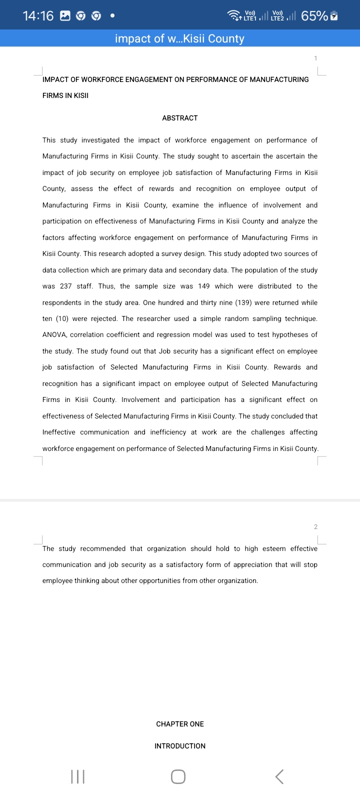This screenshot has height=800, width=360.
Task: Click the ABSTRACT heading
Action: click(180, 118)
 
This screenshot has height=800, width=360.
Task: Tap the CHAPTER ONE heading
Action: click(180, 724)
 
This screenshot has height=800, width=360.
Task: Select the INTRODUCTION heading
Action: click(180, 746)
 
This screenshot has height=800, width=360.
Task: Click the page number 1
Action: click(315, 58)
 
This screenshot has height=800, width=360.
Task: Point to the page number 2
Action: click(315, 527)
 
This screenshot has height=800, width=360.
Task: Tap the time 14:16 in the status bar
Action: click(38, 16)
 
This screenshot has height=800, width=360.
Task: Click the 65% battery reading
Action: click(314, 16)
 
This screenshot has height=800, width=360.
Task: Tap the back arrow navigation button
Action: click(279, 776)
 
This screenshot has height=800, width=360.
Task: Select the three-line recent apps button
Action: click(78, 776)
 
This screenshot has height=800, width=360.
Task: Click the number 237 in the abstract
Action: click(66, 286)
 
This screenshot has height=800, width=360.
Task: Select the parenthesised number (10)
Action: click(59, 318)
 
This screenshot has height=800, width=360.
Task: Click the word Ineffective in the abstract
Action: click(59, 432)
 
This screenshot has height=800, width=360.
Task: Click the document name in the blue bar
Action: click(180, 38)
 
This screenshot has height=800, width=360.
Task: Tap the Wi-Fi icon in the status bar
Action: click(234, 15)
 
